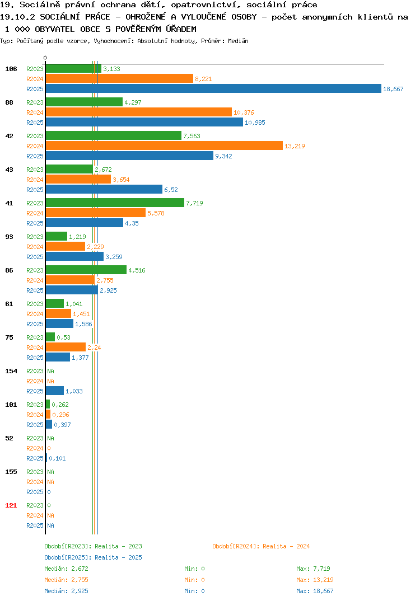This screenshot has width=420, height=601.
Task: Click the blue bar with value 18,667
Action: [x=213, y=88]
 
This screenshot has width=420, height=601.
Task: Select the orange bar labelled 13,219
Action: [x=164, y=145]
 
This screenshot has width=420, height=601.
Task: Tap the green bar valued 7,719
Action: [x=115, y=203]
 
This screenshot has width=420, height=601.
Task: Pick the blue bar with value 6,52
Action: [x=104, y=189]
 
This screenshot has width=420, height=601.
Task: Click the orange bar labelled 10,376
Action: [x=139, y=112]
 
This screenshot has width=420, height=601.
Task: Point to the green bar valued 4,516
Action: [x=86, y=270]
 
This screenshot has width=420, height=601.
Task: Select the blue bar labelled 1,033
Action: [x=55, y=391]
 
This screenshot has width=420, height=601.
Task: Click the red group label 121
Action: [x=11, y=505]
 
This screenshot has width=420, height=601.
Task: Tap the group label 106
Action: [x=11, y=69]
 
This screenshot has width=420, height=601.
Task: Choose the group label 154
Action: [x=11, y=370]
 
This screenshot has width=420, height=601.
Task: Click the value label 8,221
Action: [x=203, y=79]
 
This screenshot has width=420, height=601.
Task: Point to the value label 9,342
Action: [x=223, y=156]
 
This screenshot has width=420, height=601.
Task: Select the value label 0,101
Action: [x=57, y=458]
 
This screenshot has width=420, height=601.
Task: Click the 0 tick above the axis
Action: [x=45, y=58]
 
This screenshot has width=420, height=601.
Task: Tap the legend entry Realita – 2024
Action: [x=261, y=546]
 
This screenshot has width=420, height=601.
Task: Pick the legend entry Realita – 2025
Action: [x=93, y=557]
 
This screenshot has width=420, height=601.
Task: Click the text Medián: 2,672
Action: [x=66, y=569]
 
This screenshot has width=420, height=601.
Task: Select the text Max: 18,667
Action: [x=315, y=591]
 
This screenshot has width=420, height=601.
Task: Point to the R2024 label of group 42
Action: [x=35, y=146]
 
